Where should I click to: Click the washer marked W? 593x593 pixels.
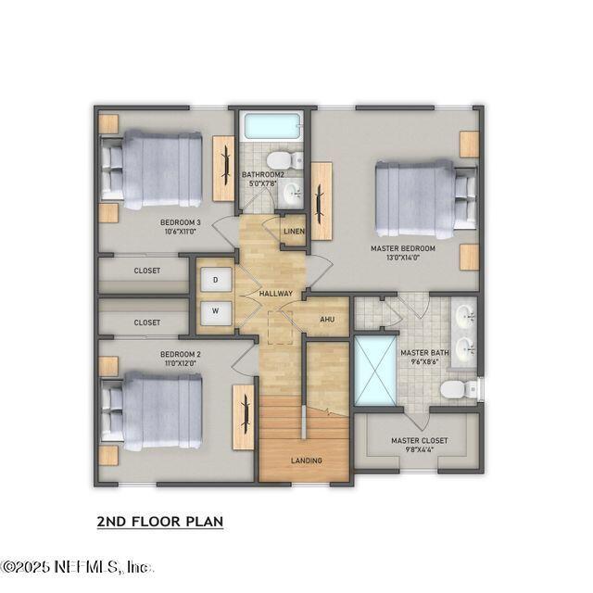(x=215, y=311)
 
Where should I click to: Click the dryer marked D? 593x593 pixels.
(x=215, y=279)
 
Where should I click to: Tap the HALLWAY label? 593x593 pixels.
(x=276, y=294)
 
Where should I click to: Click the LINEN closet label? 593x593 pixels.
(x=294, y=231)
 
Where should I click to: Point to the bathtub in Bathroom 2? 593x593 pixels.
(x=270, y=126)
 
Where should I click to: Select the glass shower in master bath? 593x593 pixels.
(x=373, y=370)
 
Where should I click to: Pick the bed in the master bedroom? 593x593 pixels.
(x=420, y=197)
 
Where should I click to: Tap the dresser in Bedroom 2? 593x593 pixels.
(x=243, y=416)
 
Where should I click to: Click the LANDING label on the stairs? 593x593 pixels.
(x=306, y=461)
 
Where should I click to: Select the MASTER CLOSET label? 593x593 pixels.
(x=419, y=441)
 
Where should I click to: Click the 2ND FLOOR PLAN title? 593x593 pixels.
(x=160, y=523)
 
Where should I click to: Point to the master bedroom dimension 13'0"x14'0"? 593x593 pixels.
(x=397, y=259)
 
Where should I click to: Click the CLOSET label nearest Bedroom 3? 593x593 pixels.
(x=146, y=271)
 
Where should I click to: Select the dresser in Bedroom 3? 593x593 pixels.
(x=223, y=167)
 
